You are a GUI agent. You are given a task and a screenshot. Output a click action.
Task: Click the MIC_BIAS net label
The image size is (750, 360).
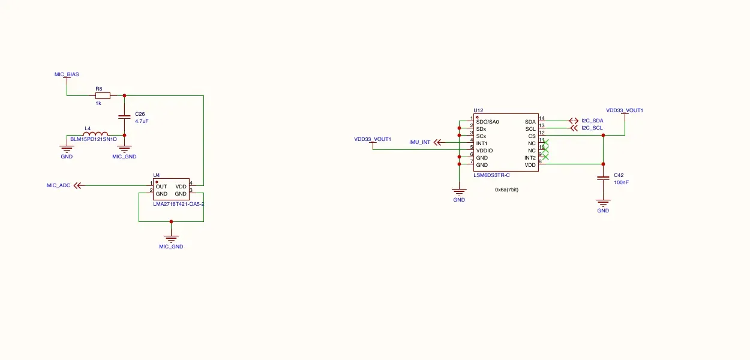click(x=67, y=74)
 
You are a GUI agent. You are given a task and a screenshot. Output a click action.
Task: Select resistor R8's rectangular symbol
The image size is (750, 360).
click(x=103, y=96)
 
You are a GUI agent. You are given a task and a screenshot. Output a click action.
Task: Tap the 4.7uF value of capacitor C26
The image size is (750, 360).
click(x=142, y=121)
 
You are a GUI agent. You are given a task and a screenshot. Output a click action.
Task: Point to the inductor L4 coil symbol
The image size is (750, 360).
click(x=95, y=133)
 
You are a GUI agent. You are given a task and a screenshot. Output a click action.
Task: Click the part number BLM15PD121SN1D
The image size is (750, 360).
click(x=94, y=139)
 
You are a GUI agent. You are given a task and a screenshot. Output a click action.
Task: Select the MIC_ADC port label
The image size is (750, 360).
click(x=59, y=185)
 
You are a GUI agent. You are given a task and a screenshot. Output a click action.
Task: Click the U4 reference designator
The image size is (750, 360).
click(x=157, y=175)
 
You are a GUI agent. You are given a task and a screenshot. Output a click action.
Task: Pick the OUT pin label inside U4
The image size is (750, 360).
click(x=161, y=187)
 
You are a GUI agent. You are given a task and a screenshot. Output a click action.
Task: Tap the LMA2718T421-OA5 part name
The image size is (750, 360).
click(x=178, y=204)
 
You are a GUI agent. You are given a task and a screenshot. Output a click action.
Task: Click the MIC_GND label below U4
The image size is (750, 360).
click(x=171, y=247)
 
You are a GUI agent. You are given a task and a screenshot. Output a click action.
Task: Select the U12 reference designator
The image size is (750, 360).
click(x=478, y=110)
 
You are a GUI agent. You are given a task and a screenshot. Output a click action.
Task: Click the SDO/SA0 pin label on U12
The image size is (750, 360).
click(x=487, y=122)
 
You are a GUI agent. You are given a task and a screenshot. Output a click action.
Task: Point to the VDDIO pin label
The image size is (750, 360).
click(x=484, y=151)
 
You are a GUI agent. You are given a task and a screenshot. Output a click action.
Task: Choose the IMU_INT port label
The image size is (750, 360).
click(x=419, y=142)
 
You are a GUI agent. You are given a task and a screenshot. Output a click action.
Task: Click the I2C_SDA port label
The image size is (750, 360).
click(x=592, y=121)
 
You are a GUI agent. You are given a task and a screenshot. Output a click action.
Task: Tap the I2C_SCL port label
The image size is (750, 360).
click(x=592, y=128)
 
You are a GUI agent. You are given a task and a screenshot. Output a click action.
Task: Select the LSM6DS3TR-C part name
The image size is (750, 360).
click(x=491, y=175)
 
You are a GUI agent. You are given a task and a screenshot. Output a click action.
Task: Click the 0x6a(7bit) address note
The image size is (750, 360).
click(x=506, y=190)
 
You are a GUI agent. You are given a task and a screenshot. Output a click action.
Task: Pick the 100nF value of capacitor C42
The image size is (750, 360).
click(x=621, y=182)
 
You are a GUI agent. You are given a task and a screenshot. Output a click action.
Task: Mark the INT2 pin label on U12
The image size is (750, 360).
click(x=530, y=158)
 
